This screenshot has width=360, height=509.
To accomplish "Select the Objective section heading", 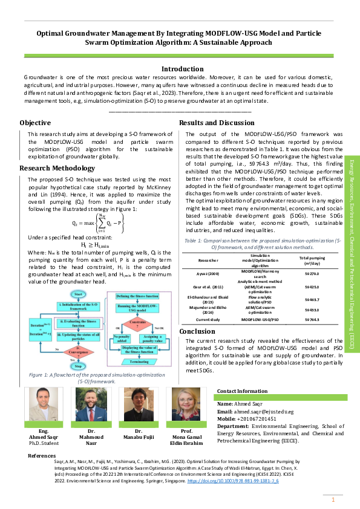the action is click(x=35, y=123).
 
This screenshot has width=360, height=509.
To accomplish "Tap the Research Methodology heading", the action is click(x=57, y=167).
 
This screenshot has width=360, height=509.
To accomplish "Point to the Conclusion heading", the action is click(x=197, y=331).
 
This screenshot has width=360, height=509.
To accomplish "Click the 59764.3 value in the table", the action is click(x=313, y=319).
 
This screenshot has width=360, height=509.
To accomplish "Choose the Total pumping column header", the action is click(x=313, y=260).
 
